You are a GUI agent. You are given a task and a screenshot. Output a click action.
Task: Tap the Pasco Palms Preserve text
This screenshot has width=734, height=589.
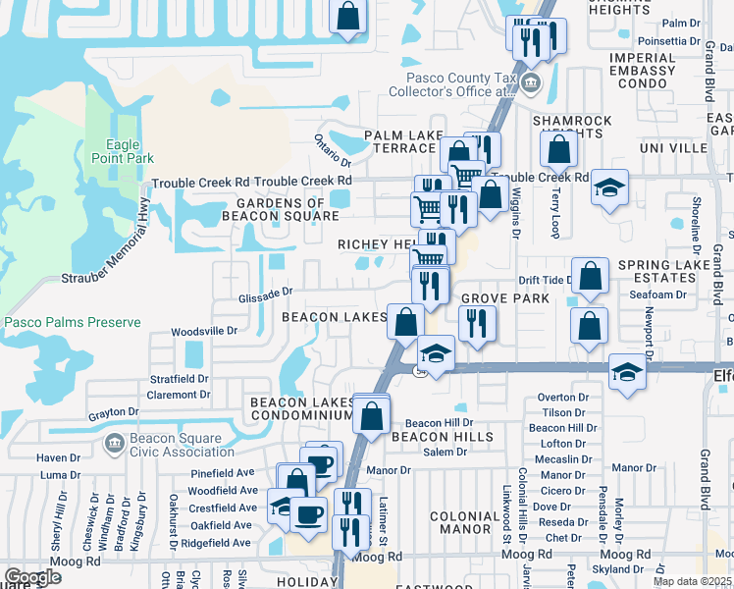pyautogui.click(x=72, y=322)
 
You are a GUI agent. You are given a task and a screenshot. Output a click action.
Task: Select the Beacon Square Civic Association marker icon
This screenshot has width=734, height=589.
pyautogui.click(x=115, y=445)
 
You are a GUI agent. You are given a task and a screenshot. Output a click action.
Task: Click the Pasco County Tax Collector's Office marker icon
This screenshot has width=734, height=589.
pyautogui.click(x=531, y=82)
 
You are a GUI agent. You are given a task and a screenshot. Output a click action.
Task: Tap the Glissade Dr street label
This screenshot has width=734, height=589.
pyautogui.click(x=265, y=292)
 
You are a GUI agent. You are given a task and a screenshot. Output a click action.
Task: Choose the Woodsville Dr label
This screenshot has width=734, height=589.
pyautogui.click(x=204, y=332)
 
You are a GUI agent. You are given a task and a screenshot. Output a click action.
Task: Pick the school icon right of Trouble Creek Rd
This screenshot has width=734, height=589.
pyautogui.click(x=609, y=187)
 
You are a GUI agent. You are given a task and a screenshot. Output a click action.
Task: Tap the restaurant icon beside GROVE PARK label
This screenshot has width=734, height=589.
pyautogui.click(x=476, y=322)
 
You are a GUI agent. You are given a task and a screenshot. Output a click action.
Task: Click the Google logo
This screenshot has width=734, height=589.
pyautogui.click(x=33, y=577)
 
